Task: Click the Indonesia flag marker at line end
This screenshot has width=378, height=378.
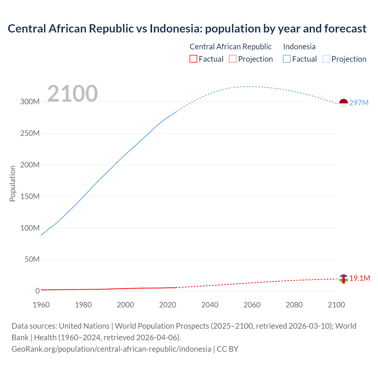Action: point(343,103)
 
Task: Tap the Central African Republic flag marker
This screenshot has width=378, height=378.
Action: point(343,278)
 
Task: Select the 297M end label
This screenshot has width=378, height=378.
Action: point(359,103)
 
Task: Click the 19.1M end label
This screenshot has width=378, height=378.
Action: point(360,278)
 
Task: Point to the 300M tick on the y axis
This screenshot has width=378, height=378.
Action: point(30,102)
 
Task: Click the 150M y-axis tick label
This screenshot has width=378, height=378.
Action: point(30,196)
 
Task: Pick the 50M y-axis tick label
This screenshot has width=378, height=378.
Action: point(32,260)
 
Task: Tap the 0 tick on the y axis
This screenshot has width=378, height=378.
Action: point(38,291)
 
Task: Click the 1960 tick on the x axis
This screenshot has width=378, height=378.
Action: point(41,305)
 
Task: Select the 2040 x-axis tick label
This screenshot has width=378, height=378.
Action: point(210,305)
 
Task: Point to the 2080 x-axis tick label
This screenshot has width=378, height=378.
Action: point(294,305)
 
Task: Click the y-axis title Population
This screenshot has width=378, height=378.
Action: point(12,183)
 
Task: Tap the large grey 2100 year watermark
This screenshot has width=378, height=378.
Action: point(72,93)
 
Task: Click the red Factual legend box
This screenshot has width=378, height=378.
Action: point(193,59)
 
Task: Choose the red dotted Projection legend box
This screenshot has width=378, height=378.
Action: point(233,59)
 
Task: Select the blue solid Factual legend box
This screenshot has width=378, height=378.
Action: point(286,59)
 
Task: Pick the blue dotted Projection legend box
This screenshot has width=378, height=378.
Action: point(326,59)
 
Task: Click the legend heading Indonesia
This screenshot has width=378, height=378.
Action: point(299,47)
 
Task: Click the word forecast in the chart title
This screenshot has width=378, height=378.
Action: point(345,29)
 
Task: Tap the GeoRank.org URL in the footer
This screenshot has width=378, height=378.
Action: point(111,349)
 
